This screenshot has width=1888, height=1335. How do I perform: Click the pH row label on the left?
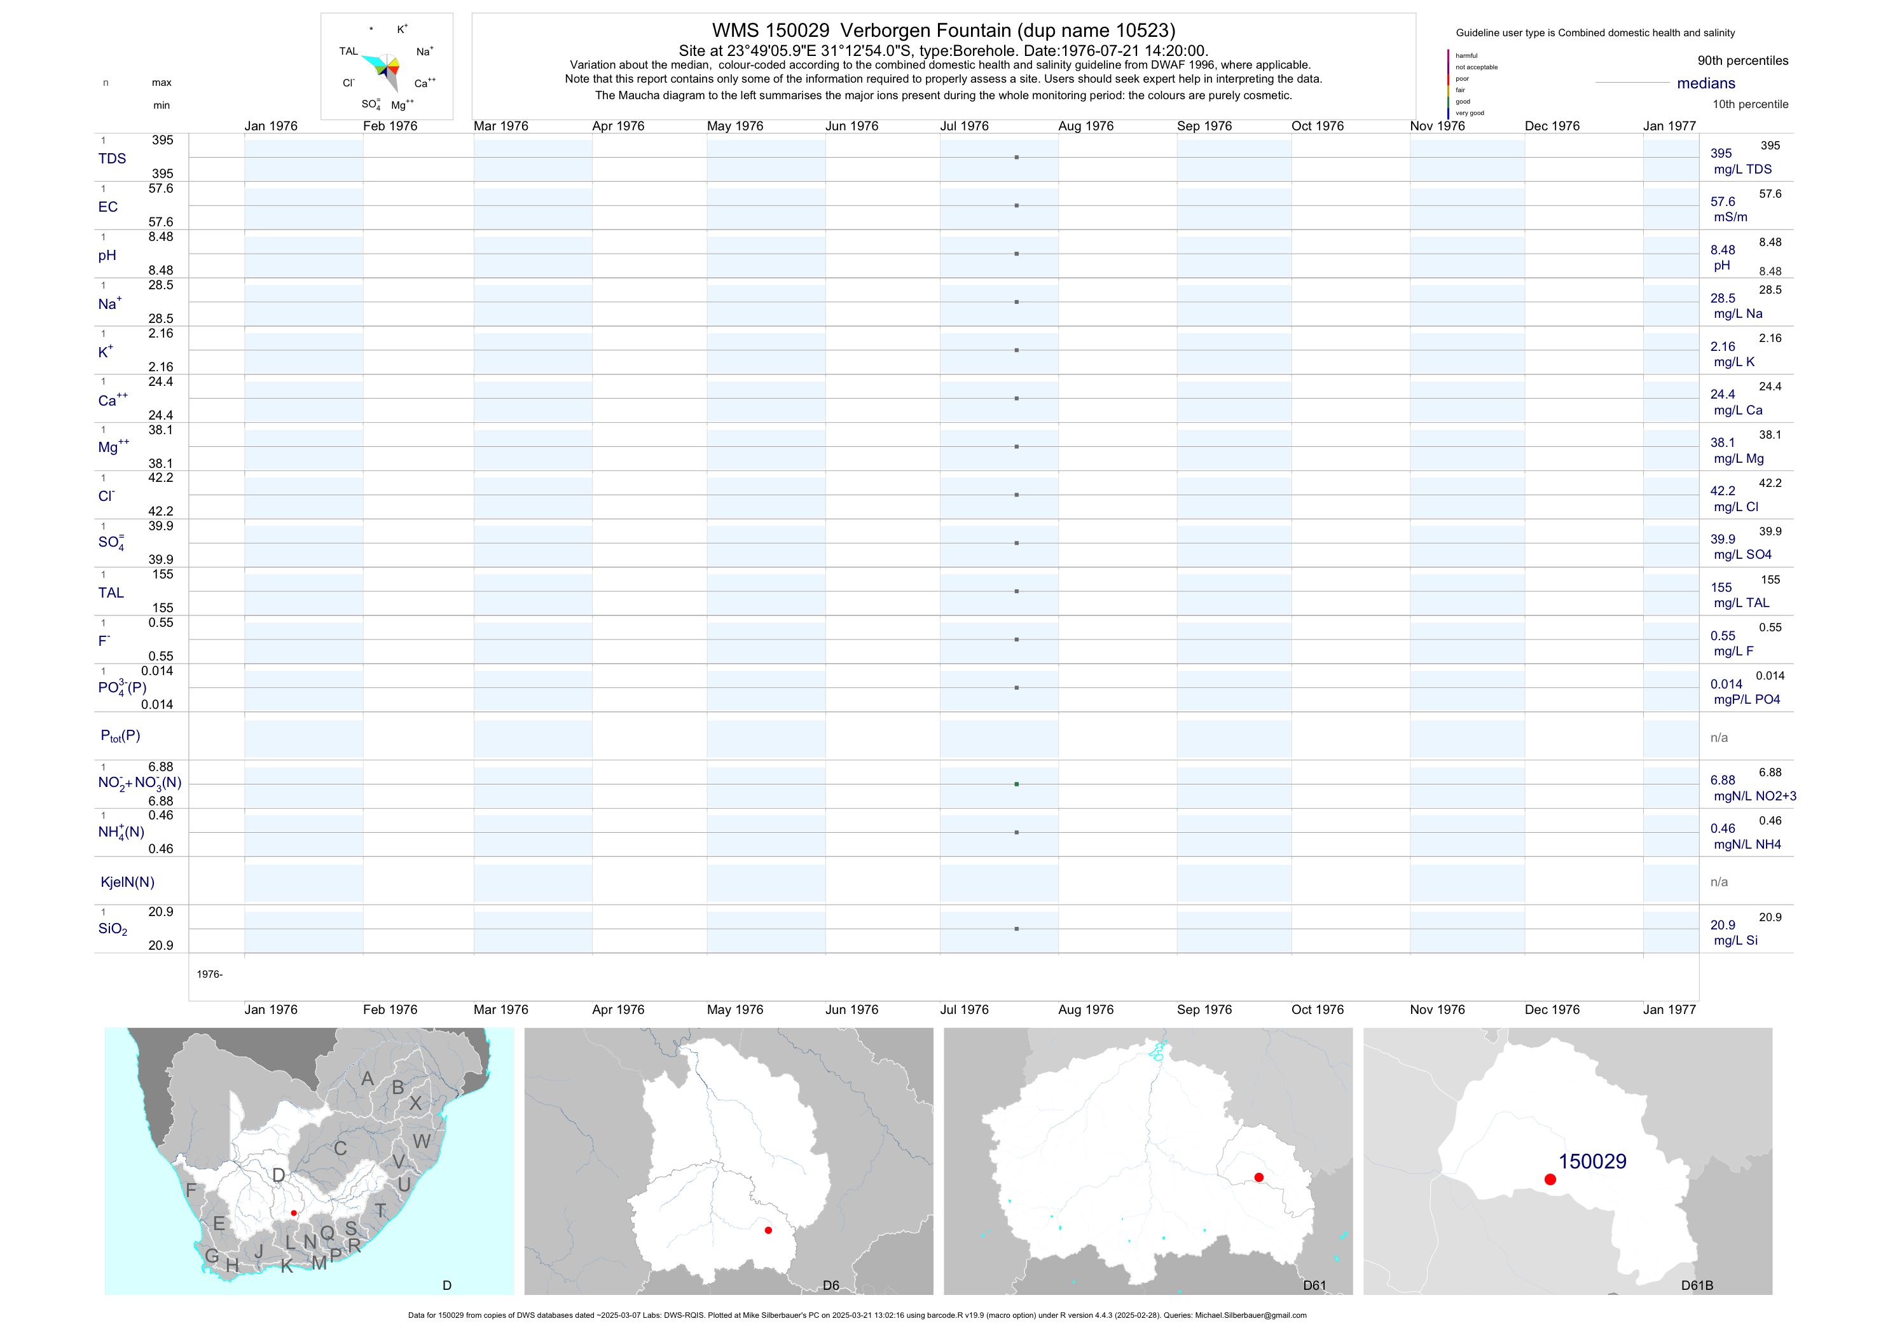pos(107,256)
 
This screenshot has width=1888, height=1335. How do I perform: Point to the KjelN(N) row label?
pos(127,882)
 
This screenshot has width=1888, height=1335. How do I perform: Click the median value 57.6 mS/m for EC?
pos(1723,202)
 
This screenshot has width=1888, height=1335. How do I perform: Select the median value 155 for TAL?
pos(1721,588)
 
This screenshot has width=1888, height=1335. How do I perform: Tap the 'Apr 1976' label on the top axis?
pos(617,127)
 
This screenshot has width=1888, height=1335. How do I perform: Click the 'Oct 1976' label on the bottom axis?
pos(1318,1010)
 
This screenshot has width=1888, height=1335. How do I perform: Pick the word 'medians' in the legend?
pos(1706,83)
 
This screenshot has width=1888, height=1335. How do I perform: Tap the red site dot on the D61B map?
pos(1550,1180)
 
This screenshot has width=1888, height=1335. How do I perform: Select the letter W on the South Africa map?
pos(421,1141)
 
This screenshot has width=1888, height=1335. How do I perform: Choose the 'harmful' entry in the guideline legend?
pos(1466,56)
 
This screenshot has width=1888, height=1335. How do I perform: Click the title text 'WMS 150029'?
pos(771,31)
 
